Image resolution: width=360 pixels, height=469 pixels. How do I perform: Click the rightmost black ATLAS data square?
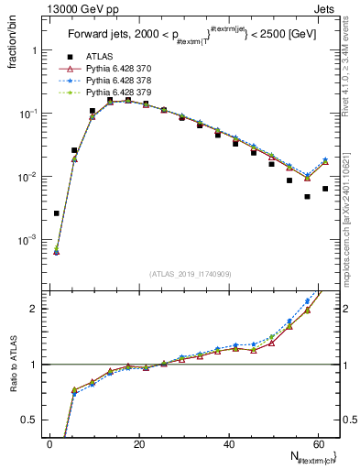click(325, 189)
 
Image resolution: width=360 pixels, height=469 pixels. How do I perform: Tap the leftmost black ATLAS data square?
click(57, 213)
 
